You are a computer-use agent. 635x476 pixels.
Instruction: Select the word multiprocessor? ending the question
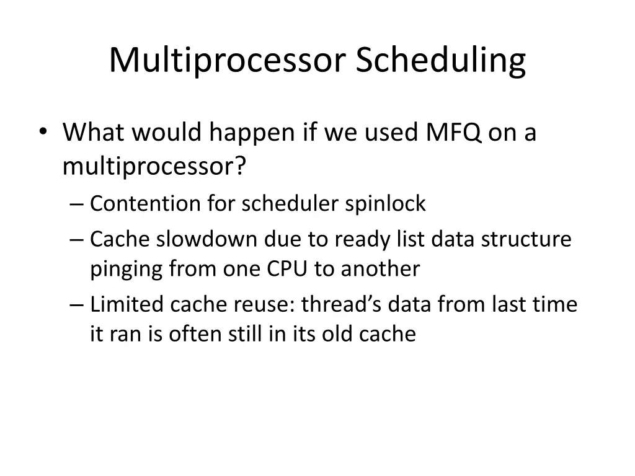tap(154, 166)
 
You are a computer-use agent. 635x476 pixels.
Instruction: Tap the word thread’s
tap(335, 304)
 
